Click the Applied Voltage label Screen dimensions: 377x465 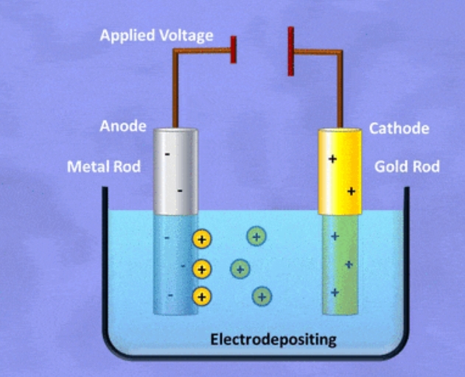click(156, 35)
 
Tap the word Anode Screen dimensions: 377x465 click(123, 127)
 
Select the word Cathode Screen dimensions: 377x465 click(399, 129)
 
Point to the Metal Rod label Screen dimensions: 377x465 click(103, 166)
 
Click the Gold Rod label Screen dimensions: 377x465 click(407, 166)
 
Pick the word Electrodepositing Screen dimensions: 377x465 click(273, 339)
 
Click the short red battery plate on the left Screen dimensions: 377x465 click(234, 49)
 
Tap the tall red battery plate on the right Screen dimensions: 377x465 click(291, 51)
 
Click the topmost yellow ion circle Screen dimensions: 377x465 click(202, 239)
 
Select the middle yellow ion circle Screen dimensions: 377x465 click(202, 269)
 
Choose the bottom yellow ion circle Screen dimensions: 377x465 click(202, 297)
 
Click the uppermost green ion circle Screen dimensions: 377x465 click(256, 236)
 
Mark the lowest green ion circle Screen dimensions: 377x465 click(262, 297)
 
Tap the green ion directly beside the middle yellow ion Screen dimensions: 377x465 click(240, 268)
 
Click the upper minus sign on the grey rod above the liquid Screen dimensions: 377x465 click(167, 154)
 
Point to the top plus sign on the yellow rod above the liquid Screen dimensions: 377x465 click(332, 159)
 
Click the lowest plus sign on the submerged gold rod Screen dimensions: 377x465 click(335, 292)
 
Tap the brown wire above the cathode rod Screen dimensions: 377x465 click(340, 88)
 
